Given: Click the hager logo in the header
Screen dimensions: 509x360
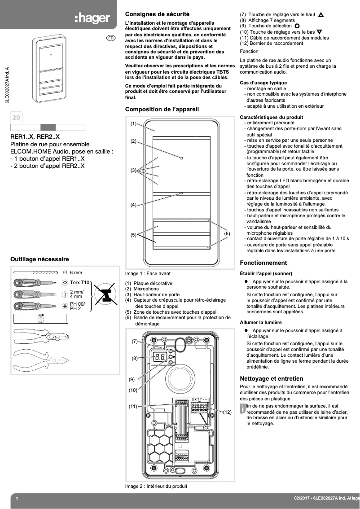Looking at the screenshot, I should [92, 18].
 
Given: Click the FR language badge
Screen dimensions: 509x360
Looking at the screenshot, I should [110, 38].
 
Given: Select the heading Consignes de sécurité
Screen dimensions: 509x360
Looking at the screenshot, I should [157, 14].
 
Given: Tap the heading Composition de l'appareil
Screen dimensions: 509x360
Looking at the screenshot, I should [162, 109].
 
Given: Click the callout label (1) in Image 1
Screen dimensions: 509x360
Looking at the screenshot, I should [133, 123].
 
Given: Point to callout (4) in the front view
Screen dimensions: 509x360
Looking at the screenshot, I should [133, 205].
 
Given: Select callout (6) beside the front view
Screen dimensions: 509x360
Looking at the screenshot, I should [227, 234].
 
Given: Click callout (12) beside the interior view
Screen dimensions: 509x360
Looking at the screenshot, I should [227, 412].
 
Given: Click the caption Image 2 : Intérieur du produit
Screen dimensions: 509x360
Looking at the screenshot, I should [156, 486].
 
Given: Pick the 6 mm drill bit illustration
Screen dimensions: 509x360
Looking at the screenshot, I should [36, 272].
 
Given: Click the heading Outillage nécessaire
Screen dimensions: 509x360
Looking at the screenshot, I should [40, 259].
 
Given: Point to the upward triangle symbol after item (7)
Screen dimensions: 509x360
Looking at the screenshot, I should [320, 15].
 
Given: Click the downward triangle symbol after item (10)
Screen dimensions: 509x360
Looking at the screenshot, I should [319, 32].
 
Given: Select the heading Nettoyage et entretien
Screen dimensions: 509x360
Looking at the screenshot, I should [272, 378].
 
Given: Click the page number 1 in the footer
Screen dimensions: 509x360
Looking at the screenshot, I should [17, 499].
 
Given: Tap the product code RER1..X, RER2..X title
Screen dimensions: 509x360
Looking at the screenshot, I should [35, 136].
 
